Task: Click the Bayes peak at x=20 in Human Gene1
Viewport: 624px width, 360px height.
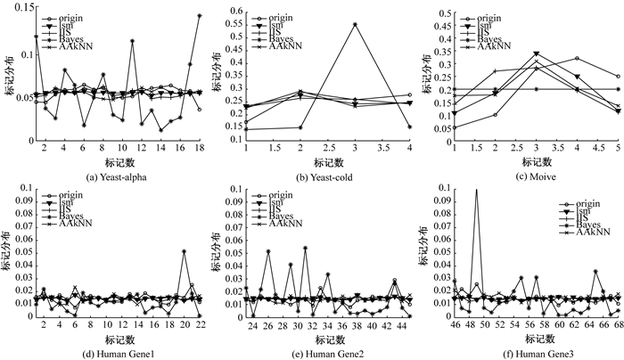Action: [184, 251]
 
